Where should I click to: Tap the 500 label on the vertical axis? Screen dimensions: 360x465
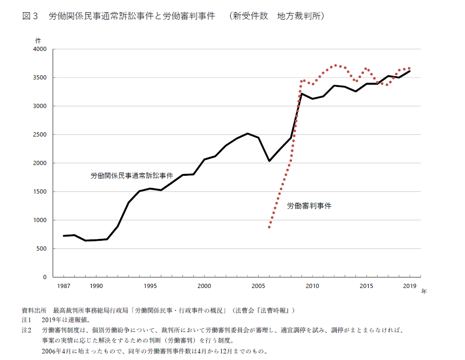pyautogui.click(x=42, y=249)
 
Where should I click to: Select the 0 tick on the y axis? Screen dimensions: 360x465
pyautogui.click(x=45, y=277)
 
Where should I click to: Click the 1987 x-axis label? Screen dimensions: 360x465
pyautogui.click(x=64, y=286)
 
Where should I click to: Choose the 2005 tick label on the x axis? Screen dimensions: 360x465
pyautogui.click(x=258, y=286)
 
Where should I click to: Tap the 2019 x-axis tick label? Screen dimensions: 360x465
pyautogui.click(x=410, y=286)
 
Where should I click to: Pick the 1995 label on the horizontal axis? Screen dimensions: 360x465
pyautogui.click(x=150, y=286)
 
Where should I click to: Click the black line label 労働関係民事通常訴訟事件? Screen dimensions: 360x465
pyautogui.click(x=131, y=176)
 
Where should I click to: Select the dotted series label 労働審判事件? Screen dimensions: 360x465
pyautogui.click(x=309, y=205)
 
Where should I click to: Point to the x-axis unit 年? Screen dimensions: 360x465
pyautogui.click(x=424, y=291)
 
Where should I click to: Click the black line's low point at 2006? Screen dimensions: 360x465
pyautogui.click(x=269, y=161)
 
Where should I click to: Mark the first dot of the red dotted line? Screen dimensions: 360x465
pyautogui.click(x=269, y=227)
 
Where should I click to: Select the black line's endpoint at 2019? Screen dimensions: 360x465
pyautogui.click(x=410, y=71)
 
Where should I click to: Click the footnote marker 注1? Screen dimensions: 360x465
pyautogui.click(x=26, y=320)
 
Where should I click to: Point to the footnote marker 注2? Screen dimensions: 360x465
pyautogui.click(x=26, y=330)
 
